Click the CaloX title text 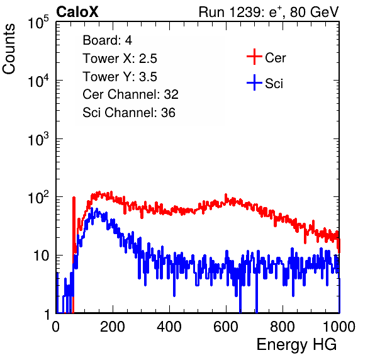77,12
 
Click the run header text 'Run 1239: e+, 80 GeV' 269,12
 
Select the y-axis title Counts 9,49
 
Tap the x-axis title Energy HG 296,344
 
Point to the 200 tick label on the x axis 113,327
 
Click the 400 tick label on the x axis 169,327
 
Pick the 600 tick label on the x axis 226,327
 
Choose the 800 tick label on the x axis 283,327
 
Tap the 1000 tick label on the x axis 339,327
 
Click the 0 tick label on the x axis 56,327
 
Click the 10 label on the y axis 41,256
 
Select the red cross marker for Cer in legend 254,57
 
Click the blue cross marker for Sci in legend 254,83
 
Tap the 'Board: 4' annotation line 107,40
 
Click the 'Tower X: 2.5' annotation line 120,59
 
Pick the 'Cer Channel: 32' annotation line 130,94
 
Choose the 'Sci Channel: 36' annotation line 129,113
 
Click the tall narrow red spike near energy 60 74,230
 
